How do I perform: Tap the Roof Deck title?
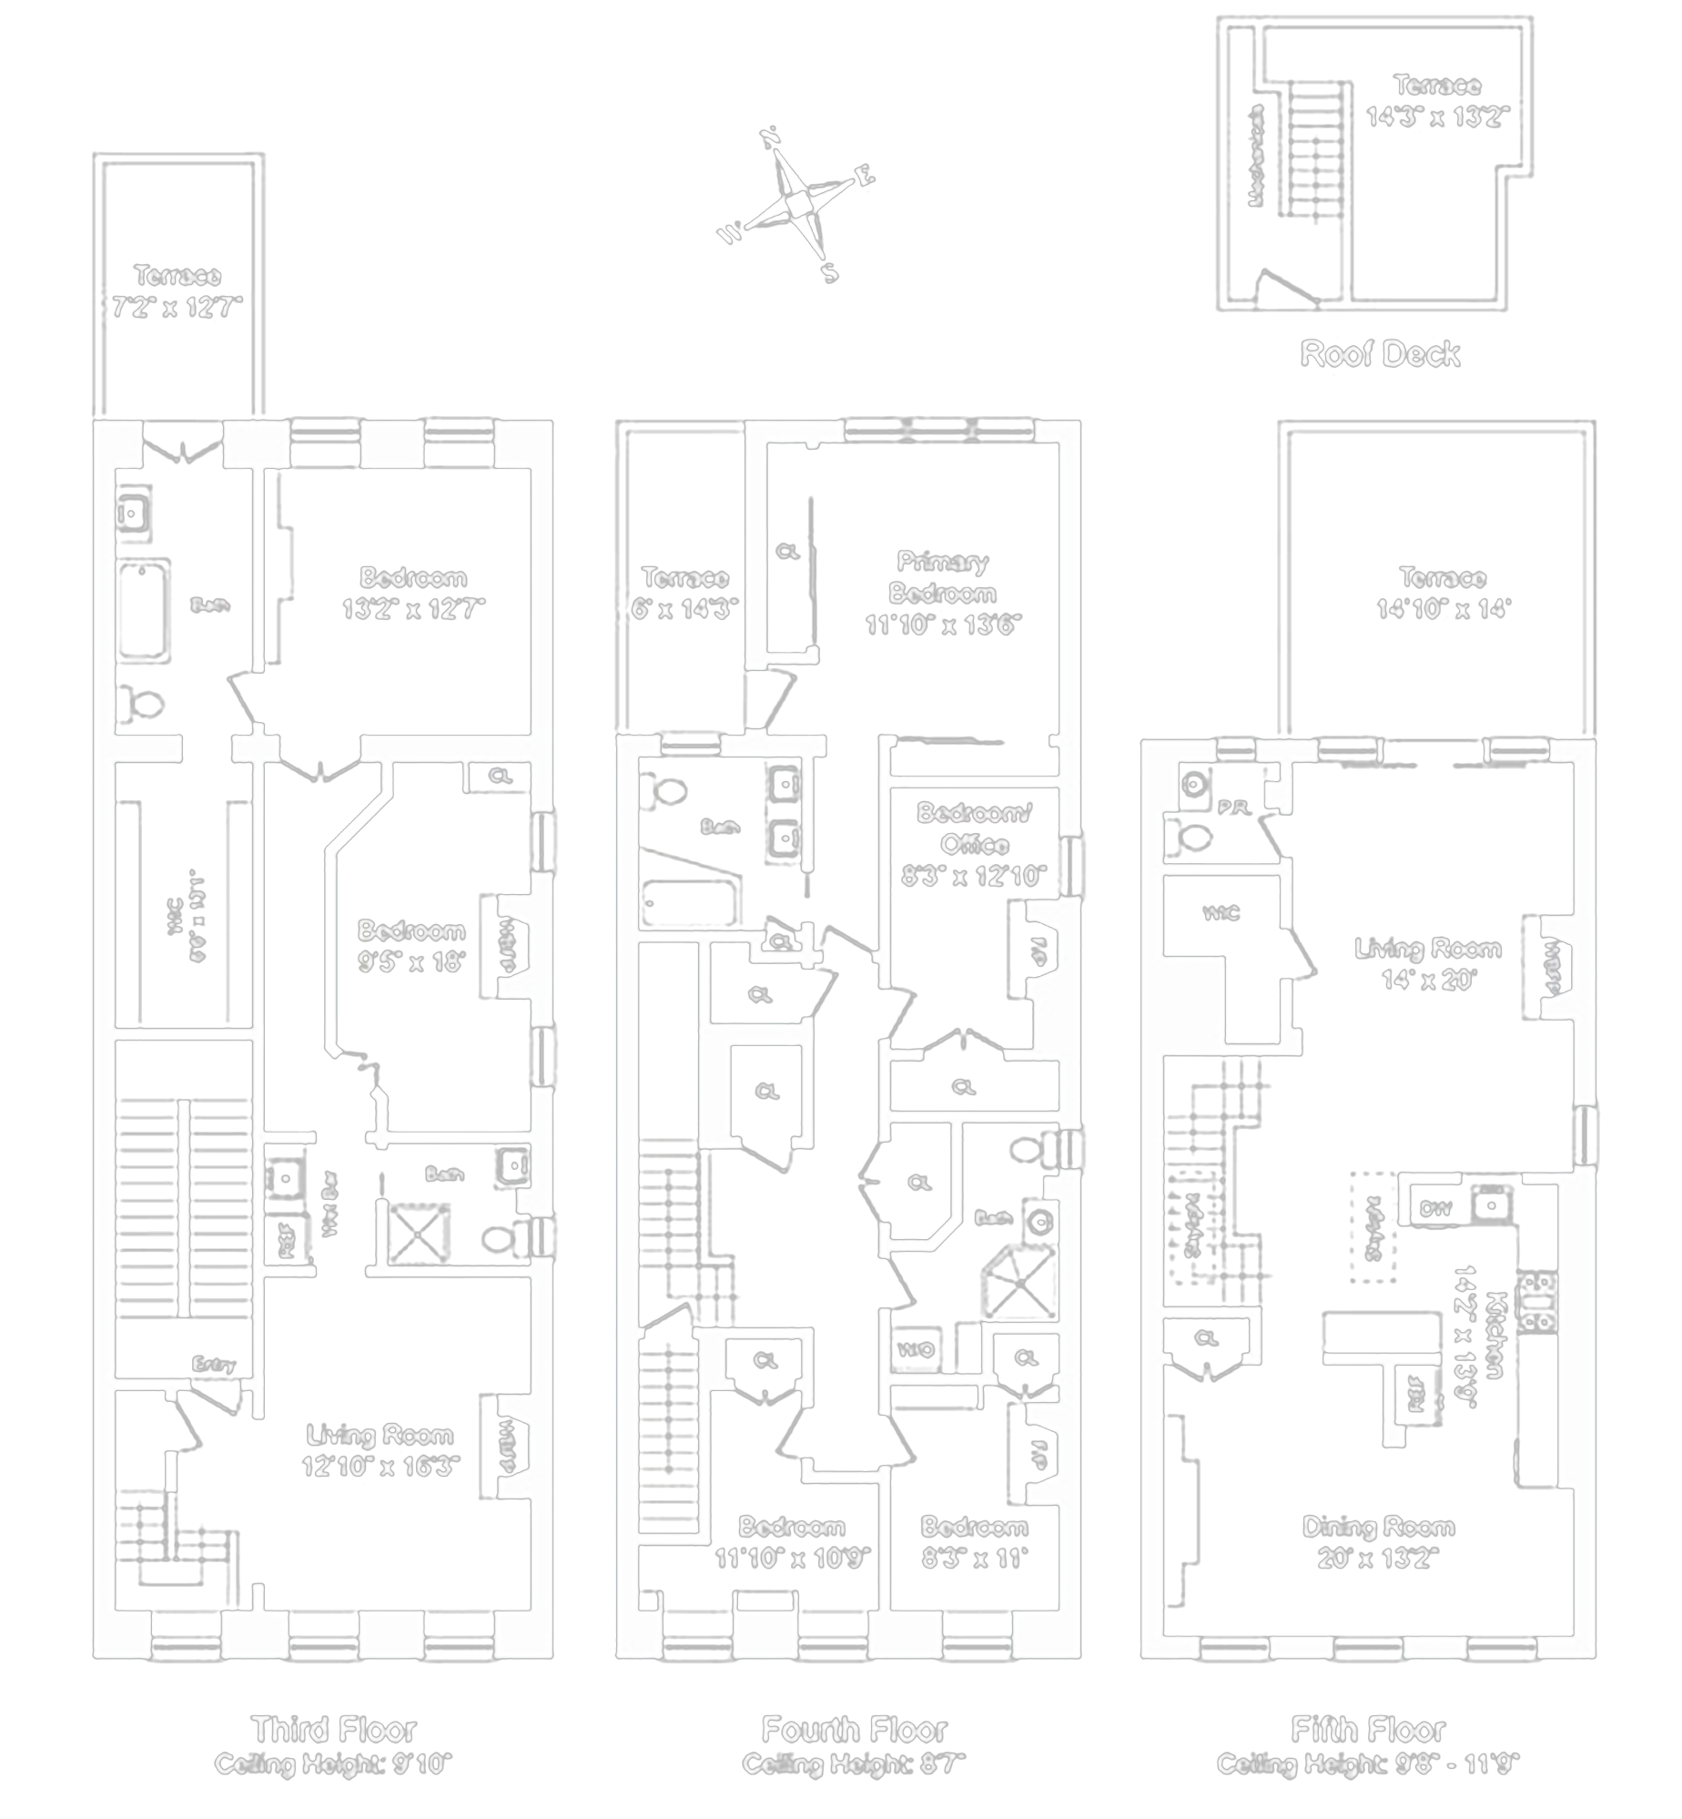(1380, 354)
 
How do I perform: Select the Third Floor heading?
(334, 1729)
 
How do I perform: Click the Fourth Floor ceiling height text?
(853, 1764)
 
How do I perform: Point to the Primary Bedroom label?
(943, 593)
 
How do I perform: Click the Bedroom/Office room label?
(974, 844)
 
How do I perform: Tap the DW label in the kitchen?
(1434, 1209)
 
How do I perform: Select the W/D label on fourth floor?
(916, 1351)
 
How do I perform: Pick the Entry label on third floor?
(214, 1364)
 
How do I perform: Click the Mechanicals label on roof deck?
(1257, 155)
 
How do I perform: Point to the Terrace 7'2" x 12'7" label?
(177, 291)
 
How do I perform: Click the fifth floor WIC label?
(1221, 913)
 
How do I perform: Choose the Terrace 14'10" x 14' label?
(1443, 593)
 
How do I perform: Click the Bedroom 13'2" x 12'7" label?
(413, 593)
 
